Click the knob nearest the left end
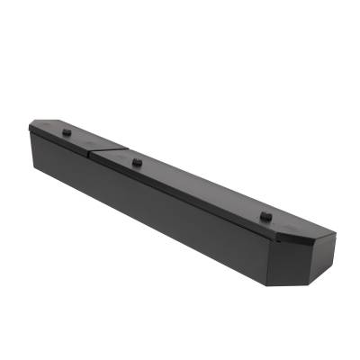pyautogui.click(x=67, y=130)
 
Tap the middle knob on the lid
pyautogui.click(x=137, y=162)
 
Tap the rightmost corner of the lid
pyautogui.click(x=336, y=236)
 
